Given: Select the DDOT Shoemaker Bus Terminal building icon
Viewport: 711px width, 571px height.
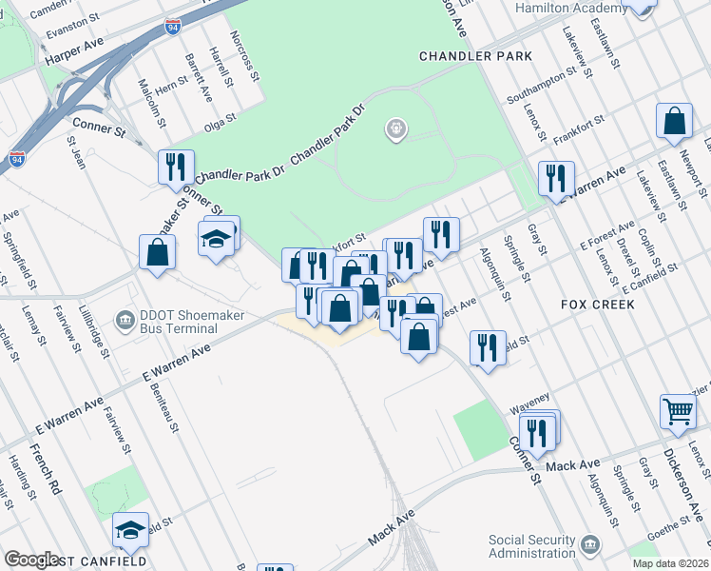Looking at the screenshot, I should point(125,319).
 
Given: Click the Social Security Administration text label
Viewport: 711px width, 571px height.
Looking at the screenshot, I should point(531,546).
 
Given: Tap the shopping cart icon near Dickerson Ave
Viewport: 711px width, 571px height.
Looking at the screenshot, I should point(679,411).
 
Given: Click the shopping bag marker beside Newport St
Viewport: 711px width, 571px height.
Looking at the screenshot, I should point(674,121).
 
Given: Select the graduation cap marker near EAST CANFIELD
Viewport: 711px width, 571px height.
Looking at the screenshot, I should point(130,529).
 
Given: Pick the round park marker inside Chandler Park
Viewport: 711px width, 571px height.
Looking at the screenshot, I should point(396,128).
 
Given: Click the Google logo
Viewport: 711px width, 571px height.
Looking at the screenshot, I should point(31,560).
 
